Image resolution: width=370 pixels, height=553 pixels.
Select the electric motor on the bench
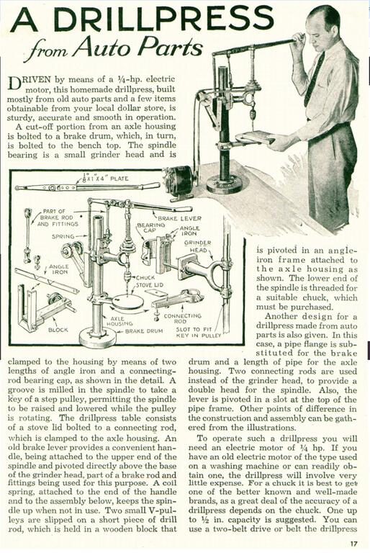[178, 179]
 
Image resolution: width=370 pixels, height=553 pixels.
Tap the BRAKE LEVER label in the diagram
[177, 217]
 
